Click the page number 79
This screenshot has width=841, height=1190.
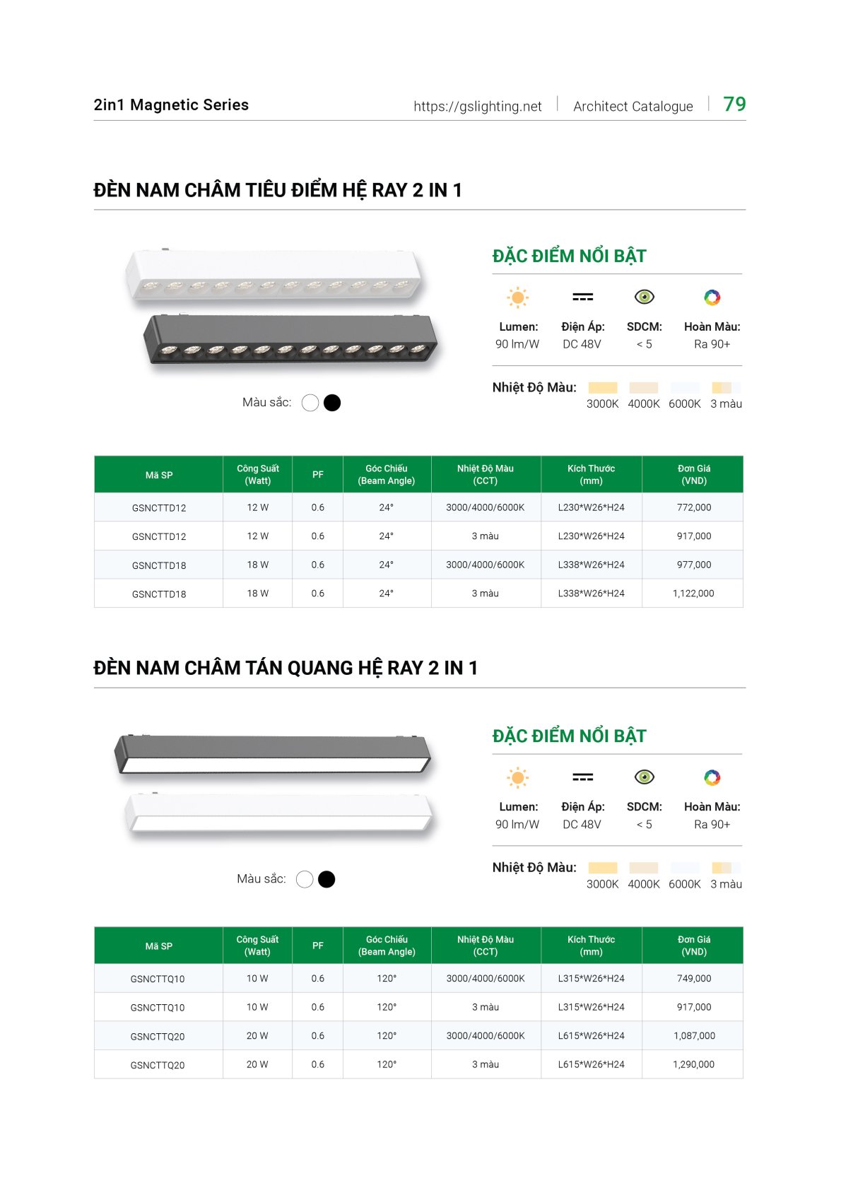pos(734,105)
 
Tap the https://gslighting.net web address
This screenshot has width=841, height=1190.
pos(477,107)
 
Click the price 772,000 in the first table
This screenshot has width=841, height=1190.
pos(693,507)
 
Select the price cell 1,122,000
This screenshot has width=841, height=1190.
pos(693,594)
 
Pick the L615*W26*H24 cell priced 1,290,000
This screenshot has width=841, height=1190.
pos(591,1064)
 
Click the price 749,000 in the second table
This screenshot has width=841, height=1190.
pos(693,979)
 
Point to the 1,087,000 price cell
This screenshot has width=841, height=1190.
pos(693,1036)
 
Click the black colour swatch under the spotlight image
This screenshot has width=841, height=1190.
pos(331,403)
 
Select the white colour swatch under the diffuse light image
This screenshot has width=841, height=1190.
pos(305,879)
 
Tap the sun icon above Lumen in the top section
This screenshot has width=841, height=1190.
pos(517,297)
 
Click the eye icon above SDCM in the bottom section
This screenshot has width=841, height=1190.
pos(644,777)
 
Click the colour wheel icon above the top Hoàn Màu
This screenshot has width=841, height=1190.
pos(712,297)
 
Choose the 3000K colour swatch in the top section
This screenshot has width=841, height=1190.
pos(602,388)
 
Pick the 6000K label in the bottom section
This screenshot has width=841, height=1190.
pos(684,884)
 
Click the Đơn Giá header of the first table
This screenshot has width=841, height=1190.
pos(693,474)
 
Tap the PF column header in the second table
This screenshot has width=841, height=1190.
pos(318,945)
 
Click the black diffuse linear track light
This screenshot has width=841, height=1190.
pos(273,753)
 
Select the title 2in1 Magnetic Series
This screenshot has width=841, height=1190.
pos(171,105)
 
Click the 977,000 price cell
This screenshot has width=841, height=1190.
pos(693,565)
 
